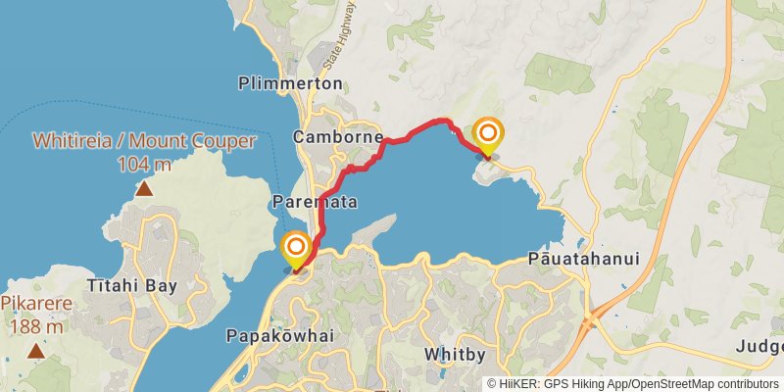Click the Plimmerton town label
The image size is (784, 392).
290,83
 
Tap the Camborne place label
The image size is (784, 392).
337,138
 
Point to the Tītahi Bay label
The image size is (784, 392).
131,286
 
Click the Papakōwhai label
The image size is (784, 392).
279,335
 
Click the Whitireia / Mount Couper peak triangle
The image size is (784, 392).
144,188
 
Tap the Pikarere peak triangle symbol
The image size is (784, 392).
35,351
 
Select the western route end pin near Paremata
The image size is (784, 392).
295,249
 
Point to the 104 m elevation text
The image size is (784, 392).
144,164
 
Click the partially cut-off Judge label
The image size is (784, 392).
760,347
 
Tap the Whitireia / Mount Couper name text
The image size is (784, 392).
144,141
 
